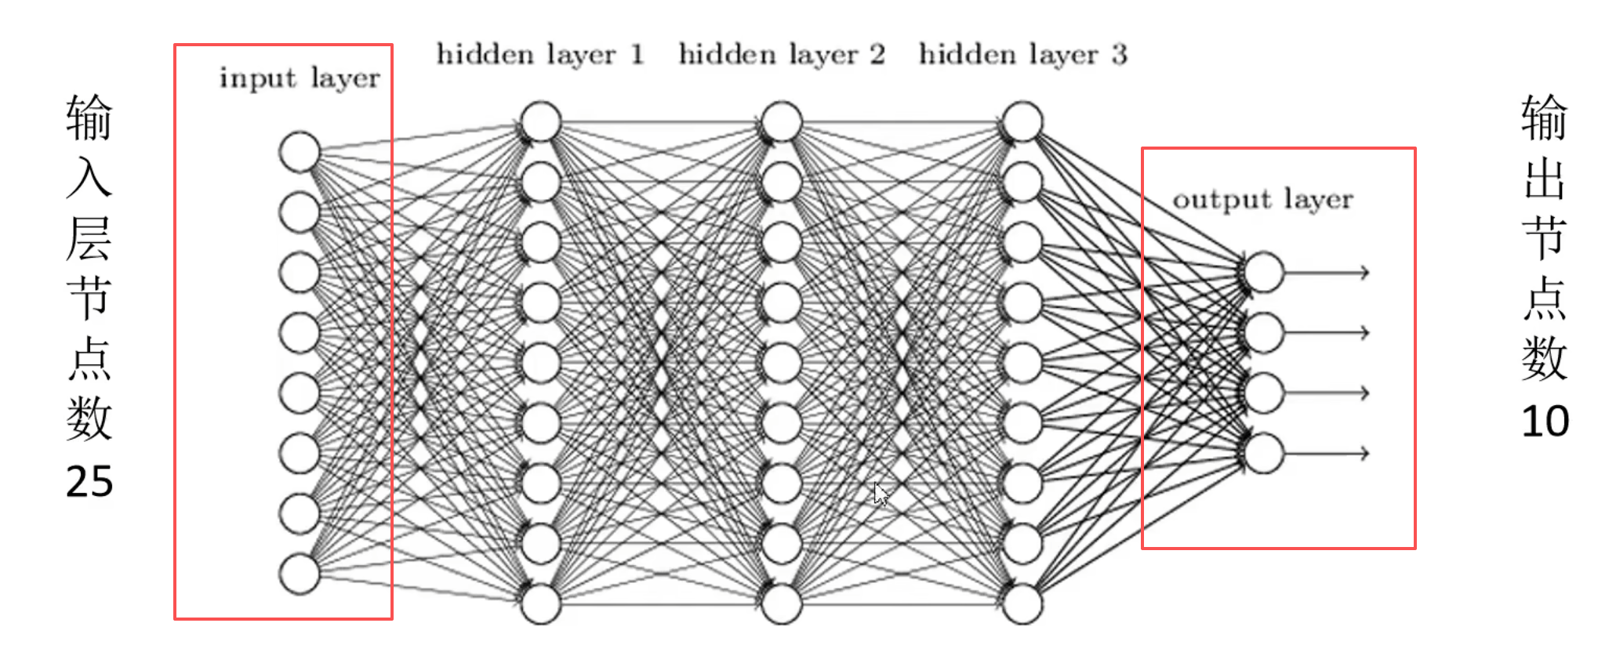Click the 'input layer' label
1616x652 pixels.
[x=300, y=78]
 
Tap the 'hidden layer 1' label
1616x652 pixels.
[x=540, y=54]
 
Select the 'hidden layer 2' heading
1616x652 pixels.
[x=782, y=54]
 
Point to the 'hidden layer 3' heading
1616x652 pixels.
[x=1022, y=54]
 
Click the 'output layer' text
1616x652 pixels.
[x=1262, y=199]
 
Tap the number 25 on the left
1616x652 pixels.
[x=89, y=481]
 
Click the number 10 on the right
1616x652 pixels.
[x=1545, y=422]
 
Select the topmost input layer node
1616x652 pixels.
[x=300, y=152]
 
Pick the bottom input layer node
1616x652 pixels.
[x=300, y=574]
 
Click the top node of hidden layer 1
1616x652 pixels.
[x=541, y=122]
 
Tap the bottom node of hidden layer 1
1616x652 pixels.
[x=541, y=604]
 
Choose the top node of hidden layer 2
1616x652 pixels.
[x=782, y=122]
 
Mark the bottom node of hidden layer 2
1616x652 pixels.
[x=782, y=604]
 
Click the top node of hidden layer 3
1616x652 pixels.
[x=1022, y=122]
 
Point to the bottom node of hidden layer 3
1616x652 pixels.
[x=1022, y=604]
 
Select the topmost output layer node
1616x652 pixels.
[x=1263, y=272]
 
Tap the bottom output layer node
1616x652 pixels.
[x=1263, y=453]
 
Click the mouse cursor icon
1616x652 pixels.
[x=881, y=494]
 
